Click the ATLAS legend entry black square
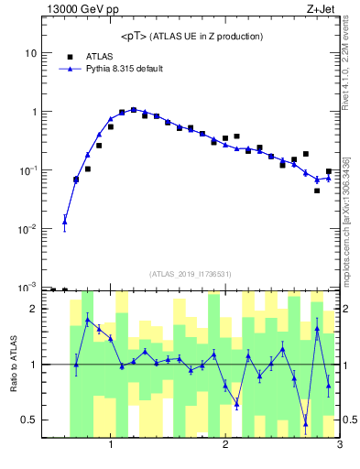[x=69, y=57]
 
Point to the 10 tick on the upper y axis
[x=30, y=53]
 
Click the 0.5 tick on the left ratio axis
[x=29, y=420]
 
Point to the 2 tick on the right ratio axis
[x=346, y=309]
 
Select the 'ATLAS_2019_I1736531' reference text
[x=191, y=274]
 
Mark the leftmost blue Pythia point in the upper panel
[x=64, y=220]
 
